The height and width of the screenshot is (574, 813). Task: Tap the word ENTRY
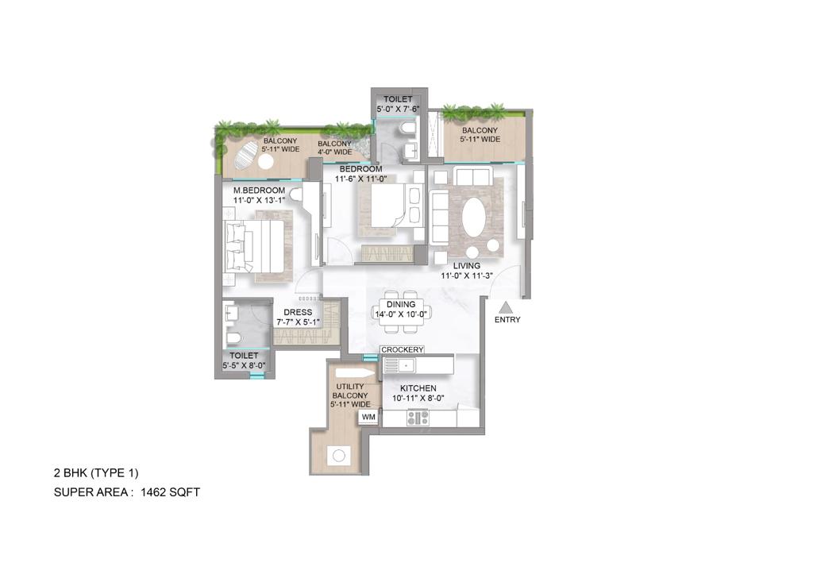pyautogui.click(x=507, y=320)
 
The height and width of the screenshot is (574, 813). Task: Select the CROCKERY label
pyautogui.click(x=403, y=349)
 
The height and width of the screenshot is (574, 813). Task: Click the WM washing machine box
pyautogui.click(x=368, y=416)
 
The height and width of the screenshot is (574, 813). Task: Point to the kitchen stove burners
pyautogui.click(x=418, y=417)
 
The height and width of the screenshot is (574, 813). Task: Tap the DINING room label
pyautogui.click(x=401, y=304)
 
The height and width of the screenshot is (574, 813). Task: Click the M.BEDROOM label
pyautogui.click(x=259, y=191)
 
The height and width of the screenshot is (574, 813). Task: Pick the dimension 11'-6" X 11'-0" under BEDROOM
pyautogui.click(x=361, y=179)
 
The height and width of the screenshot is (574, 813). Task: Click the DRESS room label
pyautogui.click(x=299, y=313)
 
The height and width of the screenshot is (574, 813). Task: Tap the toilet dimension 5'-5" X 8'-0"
pyautogui.click(x=245, y=366)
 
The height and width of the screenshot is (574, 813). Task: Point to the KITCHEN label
pyautogui.click(x=418, y=388)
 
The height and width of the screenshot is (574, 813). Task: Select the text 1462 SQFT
pyautogui.click(x=170, y=492)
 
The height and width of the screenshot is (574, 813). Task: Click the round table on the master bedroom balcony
pyautogui.click(x=265, y=161)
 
